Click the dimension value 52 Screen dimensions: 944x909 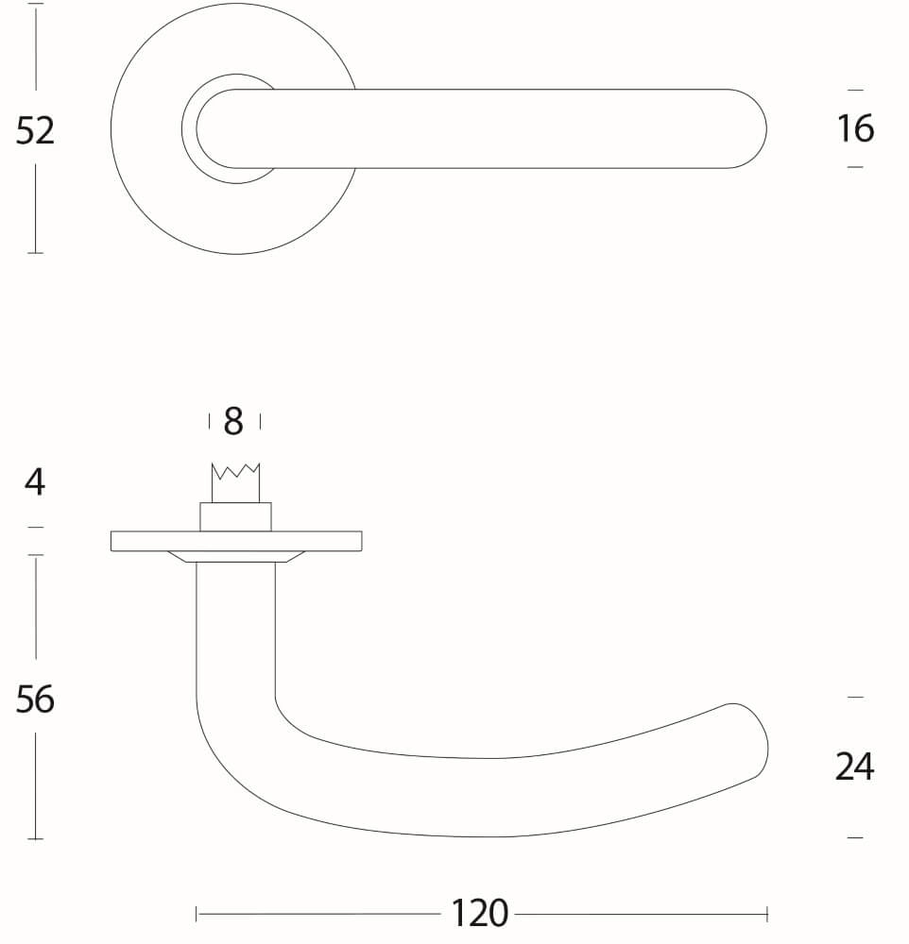[35, 130]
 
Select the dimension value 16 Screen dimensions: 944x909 [855, 128]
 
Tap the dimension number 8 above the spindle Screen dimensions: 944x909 [233, 422]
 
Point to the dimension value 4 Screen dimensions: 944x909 [35, 482]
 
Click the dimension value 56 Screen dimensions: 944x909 [35, 700]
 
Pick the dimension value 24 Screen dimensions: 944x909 [854, 767]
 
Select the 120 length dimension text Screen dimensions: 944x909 [479, 914]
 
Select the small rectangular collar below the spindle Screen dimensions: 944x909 [235, 517]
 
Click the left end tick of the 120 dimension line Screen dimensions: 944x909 [197, 914]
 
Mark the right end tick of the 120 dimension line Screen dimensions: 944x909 [767, 914]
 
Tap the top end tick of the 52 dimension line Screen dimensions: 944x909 [35, 5]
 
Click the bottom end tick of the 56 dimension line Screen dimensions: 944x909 [35, 838]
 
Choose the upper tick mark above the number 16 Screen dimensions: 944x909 [855, 90]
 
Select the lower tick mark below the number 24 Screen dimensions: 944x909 [855, 837]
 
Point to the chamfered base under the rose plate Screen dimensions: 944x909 [235, 556]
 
